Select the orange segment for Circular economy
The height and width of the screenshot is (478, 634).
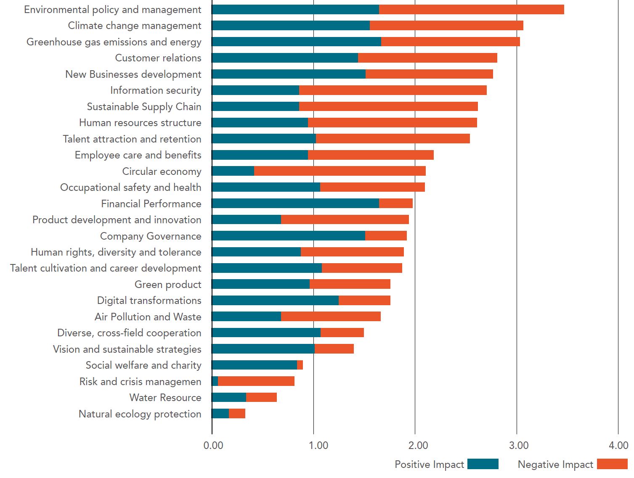[340, 171]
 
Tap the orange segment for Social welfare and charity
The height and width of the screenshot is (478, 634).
[300, 365]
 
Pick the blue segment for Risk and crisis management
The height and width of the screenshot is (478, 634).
[215, 381]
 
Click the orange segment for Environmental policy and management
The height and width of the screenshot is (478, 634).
[471, 10]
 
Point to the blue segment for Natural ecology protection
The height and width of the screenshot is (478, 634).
[220, 414]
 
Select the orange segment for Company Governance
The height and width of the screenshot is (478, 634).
[386, 236]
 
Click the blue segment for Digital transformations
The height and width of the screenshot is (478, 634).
[275, 301]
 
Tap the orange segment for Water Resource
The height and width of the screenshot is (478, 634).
[261, 397]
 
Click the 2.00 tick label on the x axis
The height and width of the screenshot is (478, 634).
[416, 446]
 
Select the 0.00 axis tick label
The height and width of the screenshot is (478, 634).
[213, 446]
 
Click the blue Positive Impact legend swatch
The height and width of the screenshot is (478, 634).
[483, 464]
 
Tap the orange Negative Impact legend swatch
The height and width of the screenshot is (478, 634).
[612, 464]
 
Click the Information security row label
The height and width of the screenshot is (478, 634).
[156, 90]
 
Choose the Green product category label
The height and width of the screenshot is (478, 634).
[168, 285]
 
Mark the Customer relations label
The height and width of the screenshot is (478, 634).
[158, 58]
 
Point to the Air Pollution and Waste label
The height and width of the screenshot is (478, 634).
[148, 317]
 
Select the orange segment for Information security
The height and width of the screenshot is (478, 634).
[393, 90]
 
